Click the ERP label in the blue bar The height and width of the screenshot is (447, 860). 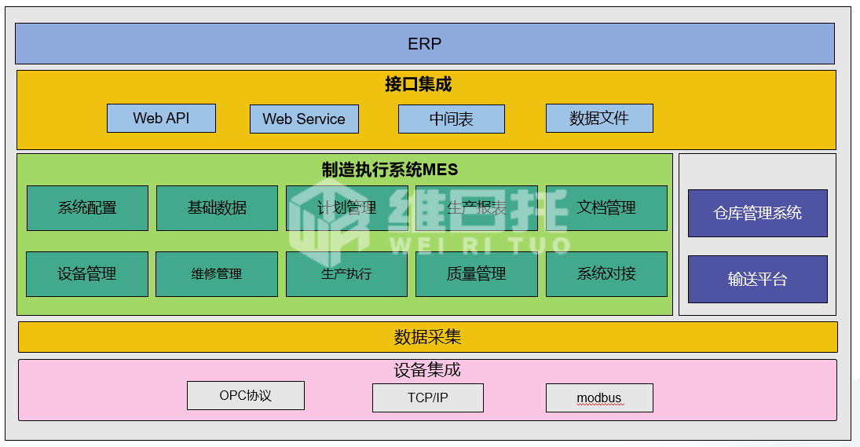click(424, 43)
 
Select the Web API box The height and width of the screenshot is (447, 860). click(161, 118)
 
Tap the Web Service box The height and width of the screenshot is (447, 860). click(304, 119)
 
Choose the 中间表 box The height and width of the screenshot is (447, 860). click(451, 119)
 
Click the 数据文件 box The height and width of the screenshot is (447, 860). click(598, 118)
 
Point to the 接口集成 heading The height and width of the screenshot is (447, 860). click(418, 84)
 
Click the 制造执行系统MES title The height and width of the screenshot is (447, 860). click(390, 170)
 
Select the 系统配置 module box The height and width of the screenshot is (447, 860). click(87, 207)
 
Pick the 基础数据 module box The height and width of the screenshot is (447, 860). click(217, 207)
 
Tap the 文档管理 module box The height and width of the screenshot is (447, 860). click(606, 207)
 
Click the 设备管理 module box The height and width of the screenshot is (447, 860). click(86, 273)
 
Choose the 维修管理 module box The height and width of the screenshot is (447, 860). click(216, 273)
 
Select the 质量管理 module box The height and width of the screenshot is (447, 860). click(476, 273)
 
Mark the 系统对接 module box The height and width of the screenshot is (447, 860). click(606, 273)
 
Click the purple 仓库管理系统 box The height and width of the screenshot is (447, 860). click(757, 212)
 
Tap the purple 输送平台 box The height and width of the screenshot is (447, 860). click(757, 279)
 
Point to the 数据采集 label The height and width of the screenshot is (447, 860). click(427, 337)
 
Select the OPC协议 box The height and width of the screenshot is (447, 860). click(245, 395)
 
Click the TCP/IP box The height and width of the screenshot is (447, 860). click(427, 398)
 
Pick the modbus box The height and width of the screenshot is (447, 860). click(598, 398)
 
